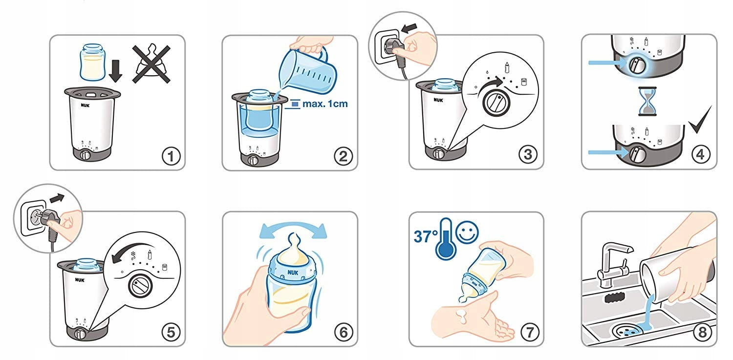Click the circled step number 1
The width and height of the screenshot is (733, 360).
click(171, 156)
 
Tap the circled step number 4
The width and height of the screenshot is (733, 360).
click(700, 154)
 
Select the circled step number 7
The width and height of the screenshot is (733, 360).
click(529, 333)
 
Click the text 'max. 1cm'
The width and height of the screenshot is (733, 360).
click(325, 104)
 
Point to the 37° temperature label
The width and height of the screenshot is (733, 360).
click(425, 236)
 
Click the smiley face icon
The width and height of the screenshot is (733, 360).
click(467, 232)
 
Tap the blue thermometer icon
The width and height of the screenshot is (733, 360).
click(445, 239)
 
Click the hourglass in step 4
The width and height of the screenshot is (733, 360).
click(647, 102)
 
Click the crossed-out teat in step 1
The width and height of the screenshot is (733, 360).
click(151, 64)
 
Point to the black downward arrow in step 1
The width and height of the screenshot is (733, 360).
click(115, 70)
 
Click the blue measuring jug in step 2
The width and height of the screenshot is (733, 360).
click(306, 70)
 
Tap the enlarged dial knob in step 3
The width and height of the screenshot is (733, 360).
click(496, 102)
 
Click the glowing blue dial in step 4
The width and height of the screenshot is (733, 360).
click(637, 65)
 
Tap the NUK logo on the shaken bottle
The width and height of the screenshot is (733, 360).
click(293, 273)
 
